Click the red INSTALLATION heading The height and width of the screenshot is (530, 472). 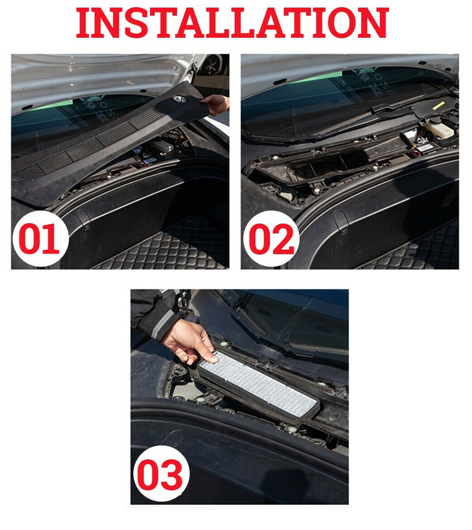pos(232,23)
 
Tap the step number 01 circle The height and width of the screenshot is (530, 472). pos(40,239)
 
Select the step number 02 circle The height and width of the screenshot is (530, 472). pos(271,239)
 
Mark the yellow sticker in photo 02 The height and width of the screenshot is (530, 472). pos(439,106)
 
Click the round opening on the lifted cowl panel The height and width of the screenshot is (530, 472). pos(179,98)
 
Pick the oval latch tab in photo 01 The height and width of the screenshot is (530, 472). pos(83,219)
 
